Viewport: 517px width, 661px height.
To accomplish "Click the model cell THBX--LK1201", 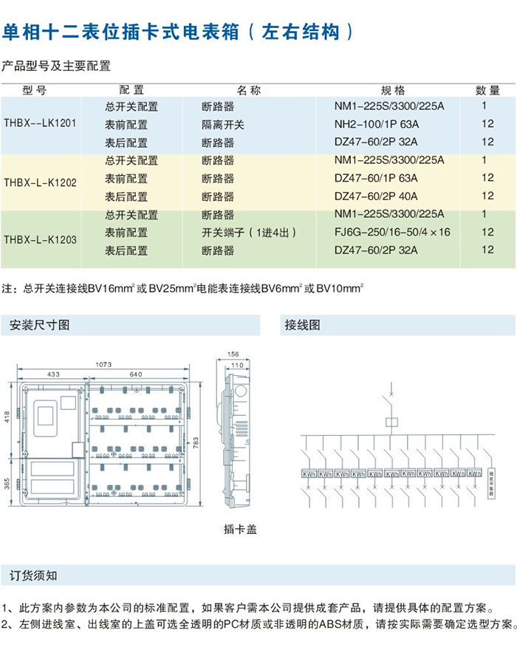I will click(x=41, y=124).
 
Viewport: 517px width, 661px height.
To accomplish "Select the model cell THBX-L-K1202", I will click(x=41, y=179).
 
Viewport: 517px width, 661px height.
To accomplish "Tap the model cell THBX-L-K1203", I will click(x=41, y=239).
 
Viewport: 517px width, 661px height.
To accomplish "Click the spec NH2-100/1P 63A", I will click(x=377, y=124).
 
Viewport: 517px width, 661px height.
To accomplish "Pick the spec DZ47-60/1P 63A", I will click(x=377, y=178).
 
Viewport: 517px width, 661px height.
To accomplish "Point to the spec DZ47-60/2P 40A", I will click(x=377, y=196).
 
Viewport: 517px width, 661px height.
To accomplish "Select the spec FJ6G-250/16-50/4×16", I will click(x=392, y=233).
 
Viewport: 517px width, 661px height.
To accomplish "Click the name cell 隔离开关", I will click(x=223, y=124).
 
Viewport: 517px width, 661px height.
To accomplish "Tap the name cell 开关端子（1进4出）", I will click(x=249, y=233).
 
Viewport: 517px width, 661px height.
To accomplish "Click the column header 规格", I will click(x=392, y=90).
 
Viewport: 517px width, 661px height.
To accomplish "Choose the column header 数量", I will click(x=487, y=90).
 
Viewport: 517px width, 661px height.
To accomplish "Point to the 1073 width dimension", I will click(x=104, y=364).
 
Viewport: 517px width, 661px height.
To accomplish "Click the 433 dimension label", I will click(x=53, y=374).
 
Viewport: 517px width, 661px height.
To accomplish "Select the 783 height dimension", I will click(x=196, y=442).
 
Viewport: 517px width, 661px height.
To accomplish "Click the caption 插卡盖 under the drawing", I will click(x=240, y=530).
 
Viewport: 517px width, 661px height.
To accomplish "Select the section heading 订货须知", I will click(x=33, y=574).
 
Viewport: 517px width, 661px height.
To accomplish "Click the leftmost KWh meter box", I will click(x=308, y=473).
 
